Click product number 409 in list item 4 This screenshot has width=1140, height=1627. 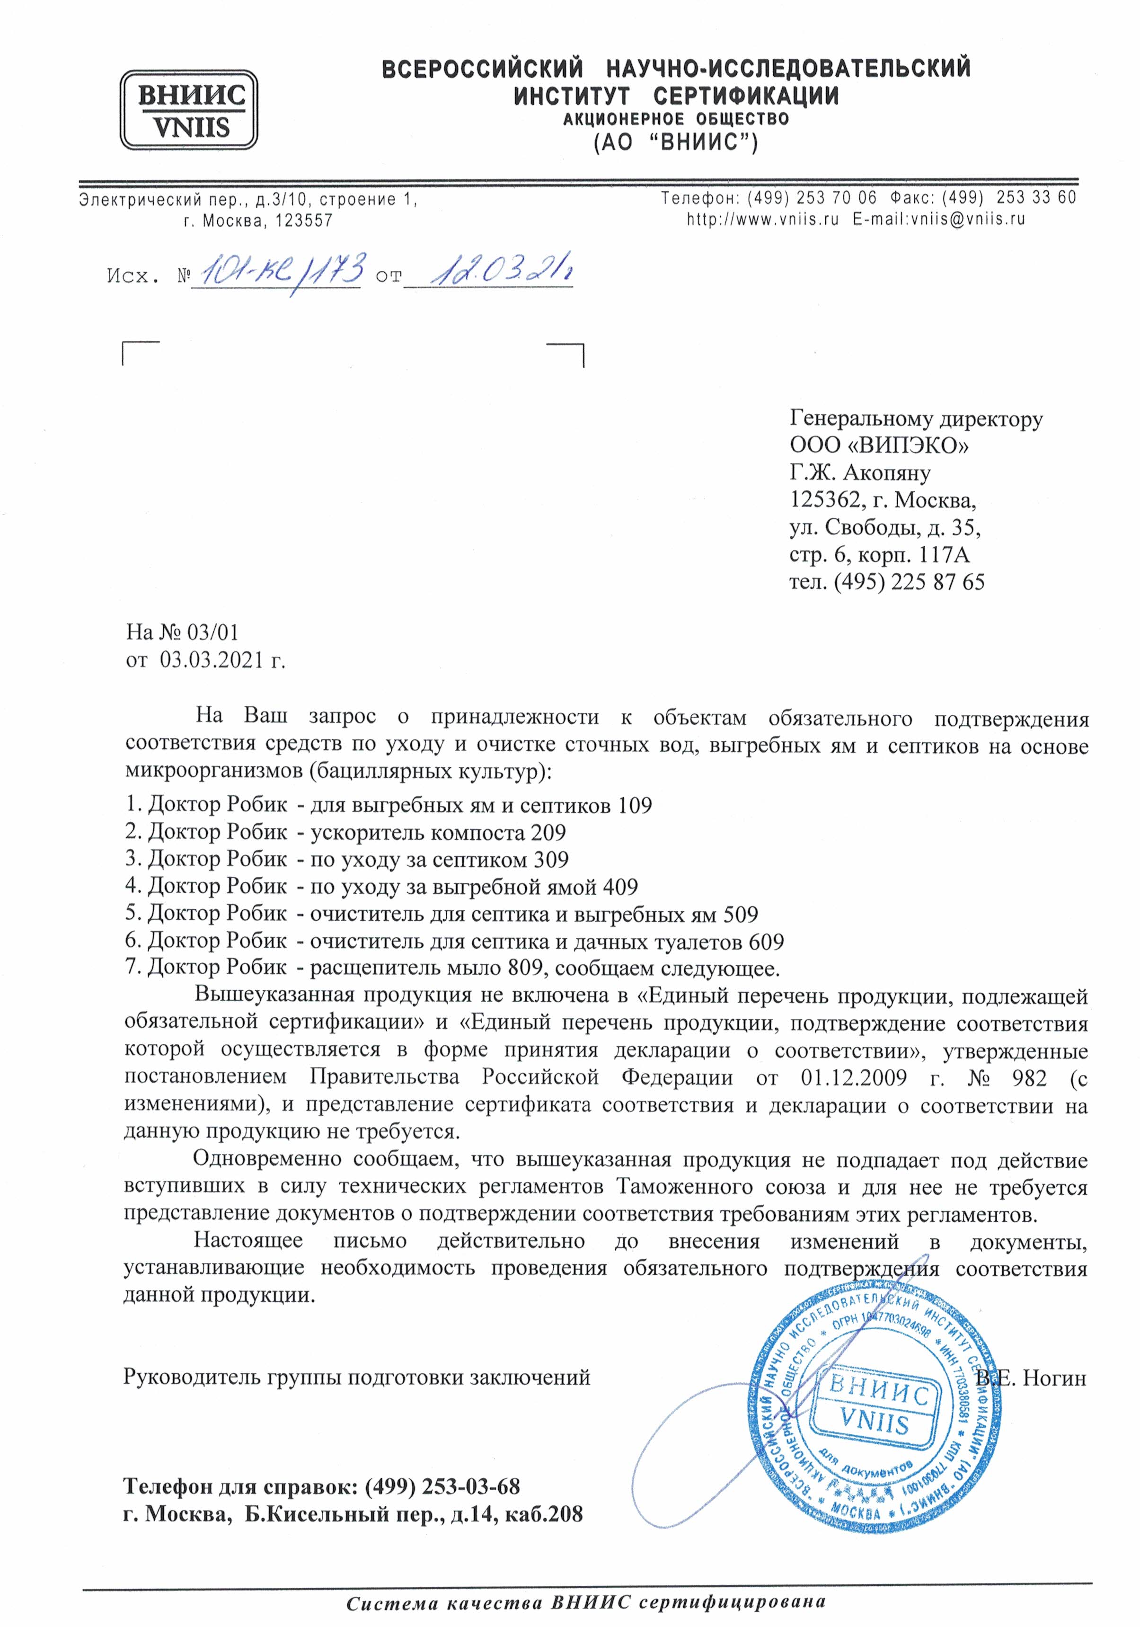click(621, 887)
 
